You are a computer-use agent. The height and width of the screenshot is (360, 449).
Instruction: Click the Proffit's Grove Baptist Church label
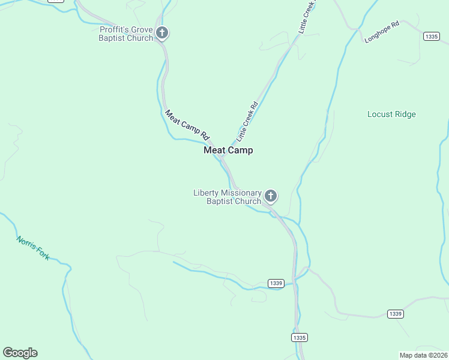[127, 34]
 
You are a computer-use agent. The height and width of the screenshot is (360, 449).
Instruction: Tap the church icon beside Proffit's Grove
[161, 33]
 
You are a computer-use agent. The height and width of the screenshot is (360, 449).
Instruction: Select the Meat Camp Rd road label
[187, 125]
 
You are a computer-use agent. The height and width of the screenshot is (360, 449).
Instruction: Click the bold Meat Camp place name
[228, 151]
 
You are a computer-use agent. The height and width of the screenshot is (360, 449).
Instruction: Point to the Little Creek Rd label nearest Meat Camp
[247, 121]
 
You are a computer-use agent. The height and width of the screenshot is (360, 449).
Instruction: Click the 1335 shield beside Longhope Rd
[430, 37]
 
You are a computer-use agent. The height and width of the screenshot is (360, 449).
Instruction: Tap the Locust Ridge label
[391, 115]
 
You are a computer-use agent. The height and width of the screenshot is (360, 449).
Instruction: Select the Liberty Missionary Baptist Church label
[228, 197]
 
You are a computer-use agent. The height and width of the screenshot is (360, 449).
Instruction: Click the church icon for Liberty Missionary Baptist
[271, 196]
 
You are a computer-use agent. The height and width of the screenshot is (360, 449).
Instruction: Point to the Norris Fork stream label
[33, 247]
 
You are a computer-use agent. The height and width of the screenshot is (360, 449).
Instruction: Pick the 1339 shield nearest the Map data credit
[395, 314]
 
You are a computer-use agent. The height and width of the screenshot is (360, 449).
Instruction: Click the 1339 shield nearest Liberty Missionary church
[276, 283]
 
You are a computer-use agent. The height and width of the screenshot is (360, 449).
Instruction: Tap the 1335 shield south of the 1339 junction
[300, 338]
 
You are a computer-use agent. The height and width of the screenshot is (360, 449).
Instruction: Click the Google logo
[20, 353]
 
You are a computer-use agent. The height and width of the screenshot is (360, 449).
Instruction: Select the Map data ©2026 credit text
[423, 355]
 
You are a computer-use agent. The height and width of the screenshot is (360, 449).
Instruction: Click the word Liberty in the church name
[206, 193]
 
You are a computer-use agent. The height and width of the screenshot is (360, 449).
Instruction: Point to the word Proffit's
[115, 29]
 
